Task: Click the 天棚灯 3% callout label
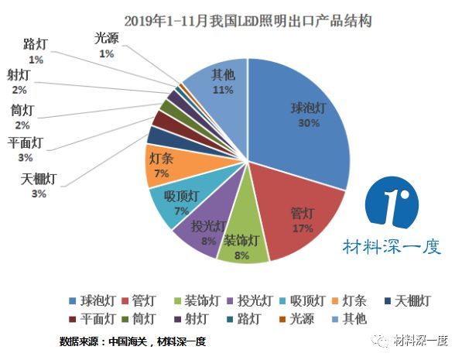[39, 186]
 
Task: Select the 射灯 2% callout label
[19, 81]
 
